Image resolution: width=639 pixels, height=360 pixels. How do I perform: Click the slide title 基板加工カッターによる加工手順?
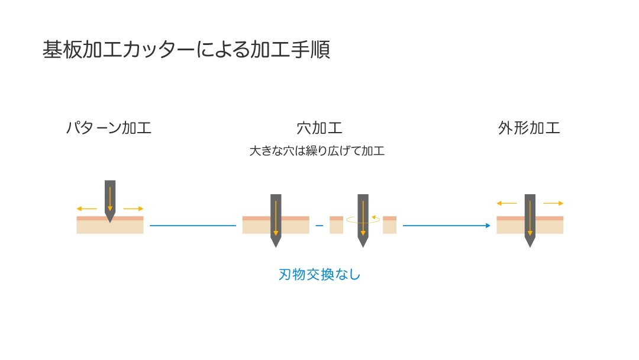click(x=186, y=50)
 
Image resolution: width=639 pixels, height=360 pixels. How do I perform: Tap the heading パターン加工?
click(x=108, y=128)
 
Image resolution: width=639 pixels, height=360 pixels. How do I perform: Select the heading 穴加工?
click(x=319, y=128)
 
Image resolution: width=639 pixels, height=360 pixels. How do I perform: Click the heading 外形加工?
click(x=529, y=128)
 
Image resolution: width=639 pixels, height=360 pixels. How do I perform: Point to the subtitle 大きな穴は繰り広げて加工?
click(x=317, y=151)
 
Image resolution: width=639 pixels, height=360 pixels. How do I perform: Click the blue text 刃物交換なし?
click(x=319, y=275)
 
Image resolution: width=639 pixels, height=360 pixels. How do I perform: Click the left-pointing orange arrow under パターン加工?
click(x=86, y=208)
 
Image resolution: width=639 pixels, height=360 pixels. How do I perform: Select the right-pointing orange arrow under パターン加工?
click(x=133, y=208)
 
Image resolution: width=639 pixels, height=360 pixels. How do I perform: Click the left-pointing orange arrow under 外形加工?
click(x=507, y=203)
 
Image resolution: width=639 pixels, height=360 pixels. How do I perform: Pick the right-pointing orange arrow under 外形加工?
click(x=553, y=203)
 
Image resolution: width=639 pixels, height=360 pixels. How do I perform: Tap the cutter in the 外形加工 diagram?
click(x=530, y=219)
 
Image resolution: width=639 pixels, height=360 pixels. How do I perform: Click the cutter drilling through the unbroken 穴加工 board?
click(x=276, y=219)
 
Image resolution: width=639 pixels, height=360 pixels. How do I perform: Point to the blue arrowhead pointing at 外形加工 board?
click(x=488, y=226)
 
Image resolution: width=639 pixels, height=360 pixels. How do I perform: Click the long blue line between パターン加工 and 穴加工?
click(x=193, y=226)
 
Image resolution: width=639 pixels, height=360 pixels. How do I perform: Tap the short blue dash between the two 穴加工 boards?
click(x=319, y=226)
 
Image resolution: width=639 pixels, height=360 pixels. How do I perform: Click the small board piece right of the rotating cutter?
click(x=389, y=225)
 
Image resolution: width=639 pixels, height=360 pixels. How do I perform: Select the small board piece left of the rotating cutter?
click(x=336, y=225)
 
